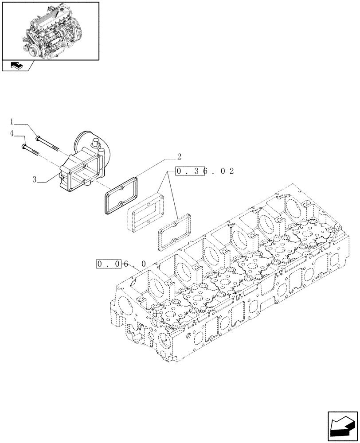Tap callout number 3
[x=34, y=179]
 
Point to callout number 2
[x=179, y=156]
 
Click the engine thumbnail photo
[x=50, y=31]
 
